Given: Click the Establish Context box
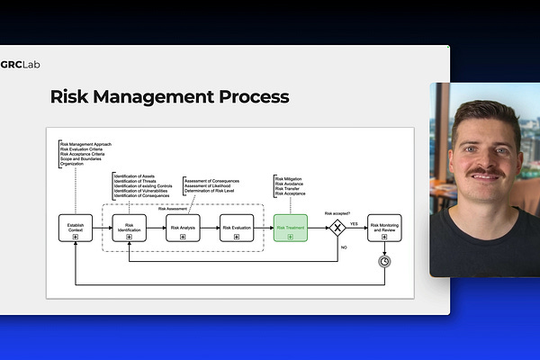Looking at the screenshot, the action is coord(75,228).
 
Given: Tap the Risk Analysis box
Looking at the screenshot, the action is coord(183,228).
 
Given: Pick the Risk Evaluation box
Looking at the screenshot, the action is coord(237,228).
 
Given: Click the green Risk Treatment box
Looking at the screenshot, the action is coord(291,228).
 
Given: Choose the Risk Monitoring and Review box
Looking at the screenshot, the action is coord(384,228).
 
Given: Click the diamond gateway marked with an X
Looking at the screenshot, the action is coord(337,229).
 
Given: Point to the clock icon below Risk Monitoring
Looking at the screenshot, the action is coord(384,261).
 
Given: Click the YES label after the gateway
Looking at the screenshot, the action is coord(354,221).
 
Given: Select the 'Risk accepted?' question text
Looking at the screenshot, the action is coord(337,212).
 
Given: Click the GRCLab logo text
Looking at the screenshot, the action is coord(20,64).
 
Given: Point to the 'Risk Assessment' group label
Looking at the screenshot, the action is coord(175,208).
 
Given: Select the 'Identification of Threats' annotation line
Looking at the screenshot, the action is coord(134,180).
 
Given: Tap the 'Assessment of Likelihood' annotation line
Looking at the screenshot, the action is coord(208,185).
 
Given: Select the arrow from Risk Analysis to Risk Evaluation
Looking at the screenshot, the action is coord(211,228).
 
